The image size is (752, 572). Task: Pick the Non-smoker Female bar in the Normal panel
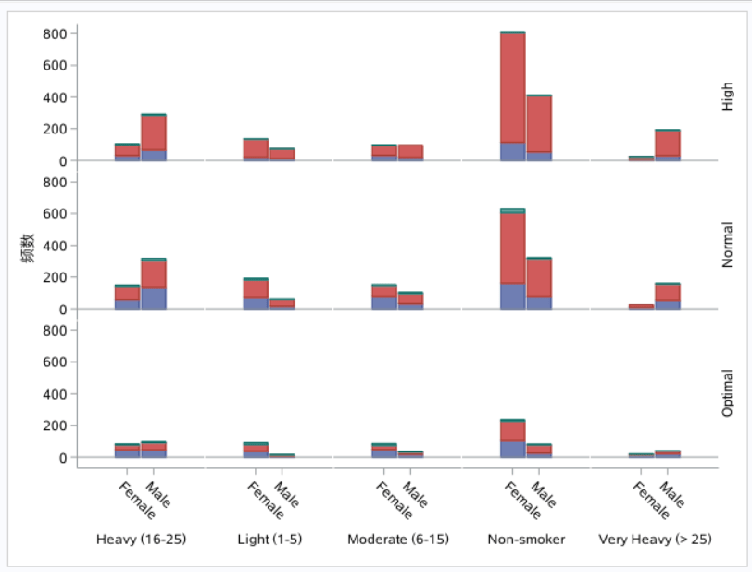512,259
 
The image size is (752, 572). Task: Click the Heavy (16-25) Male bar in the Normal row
154,284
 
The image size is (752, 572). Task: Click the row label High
727,96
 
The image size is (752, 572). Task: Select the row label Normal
727,245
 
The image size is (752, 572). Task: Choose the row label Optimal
727,393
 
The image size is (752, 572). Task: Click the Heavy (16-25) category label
141,539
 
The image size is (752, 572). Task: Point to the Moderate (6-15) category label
397,539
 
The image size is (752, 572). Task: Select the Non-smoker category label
526,539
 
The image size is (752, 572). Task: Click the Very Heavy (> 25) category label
654,539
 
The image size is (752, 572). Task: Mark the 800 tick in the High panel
54,34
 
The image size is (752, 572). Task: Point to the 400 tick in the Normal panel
54,246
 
